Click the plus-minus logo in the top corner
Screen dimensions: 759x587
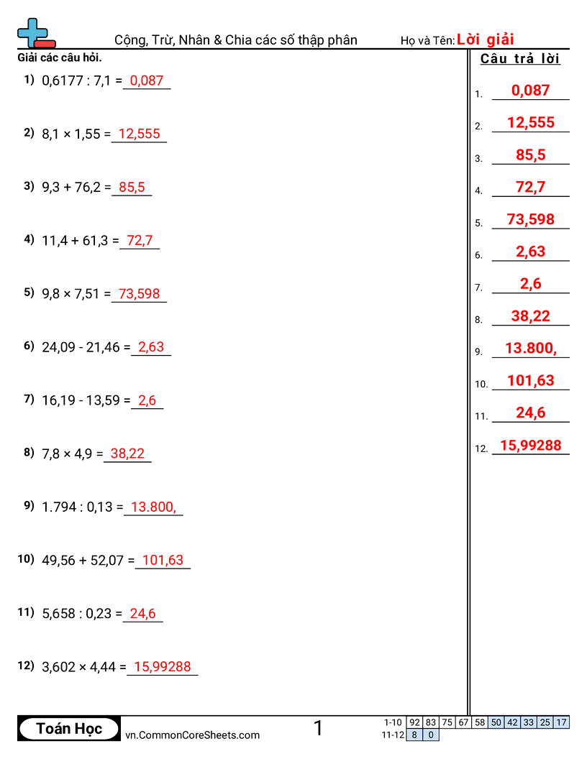pos(35,33)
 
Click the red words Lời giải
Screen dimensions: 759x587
pos(485,40)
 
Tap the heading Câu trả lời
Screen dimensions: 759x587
pos(520,59)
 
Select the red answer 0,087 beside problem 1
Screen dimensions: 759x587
pos(147,80)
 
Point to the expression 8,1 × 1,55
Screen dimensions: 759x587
pos(71,134)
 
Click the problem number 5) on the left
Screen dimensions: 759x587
pos(29,292)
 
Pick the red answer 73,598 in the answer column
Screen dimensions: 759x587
pos(531,219)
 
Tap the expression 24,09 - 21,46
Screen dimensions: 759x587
pos(82,347)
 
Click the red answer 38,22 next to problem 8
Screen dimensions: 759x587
pos(127,454)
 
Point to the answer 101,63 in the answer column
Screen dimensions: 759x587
pos(531,380)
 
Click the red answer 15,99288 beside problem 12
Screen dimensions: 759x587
pos(163,667)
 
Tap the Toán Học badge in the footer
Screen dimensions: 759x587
pos(69,729)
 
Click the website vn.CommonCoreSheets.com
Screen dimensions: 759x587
pos(193,735)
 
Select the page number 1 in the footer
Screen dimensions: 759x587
pos(318,728)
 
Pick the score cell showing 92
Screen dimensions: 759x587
pos(414,722)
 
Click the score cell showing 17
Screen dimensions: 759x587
pos(562,722)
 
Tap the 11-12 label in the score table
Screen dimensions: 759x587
pos(393,735)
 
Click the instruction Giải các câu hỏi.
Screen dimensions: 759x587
pos(60,57)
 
